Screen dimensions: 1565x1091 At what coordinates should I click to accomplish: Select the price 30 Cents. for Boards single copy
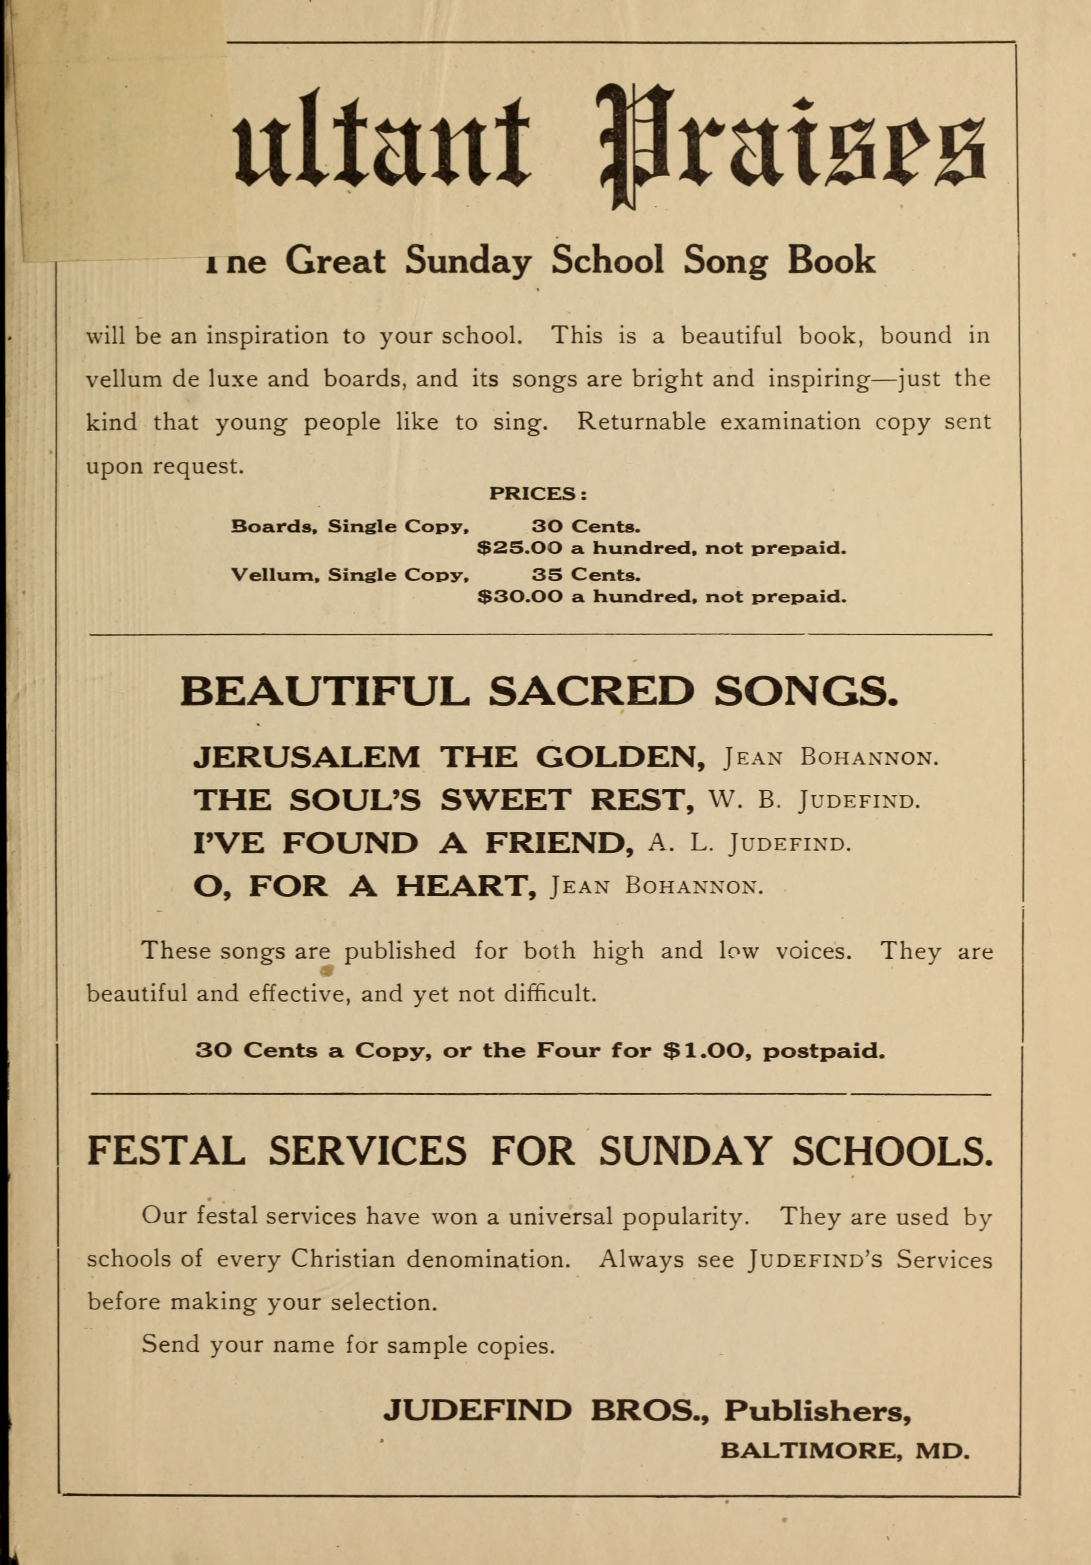[x=585, y=526]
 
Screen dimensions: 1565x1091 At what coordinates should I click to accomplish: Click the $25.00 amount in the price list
[x=520, y=548]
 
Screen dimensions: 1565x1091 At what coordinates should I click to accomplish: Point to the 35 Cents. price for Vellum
[x=585, y=575]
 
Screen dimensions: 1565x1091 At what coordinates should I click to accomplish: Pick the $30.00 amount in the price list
[x=520, y=597]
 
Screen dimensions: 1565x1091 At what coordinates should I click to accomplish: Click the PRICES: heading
[x=538, y=493]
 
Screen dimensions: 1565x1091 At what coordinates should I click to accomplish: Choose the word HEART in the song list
[x=465, y=886]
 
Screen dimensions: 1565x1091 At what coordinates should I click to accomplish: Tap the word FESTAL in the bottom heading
[x=165, y=1150]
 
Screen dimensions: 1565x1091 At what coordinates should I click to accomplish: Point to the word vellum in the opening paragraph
[x=123, y=379]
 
